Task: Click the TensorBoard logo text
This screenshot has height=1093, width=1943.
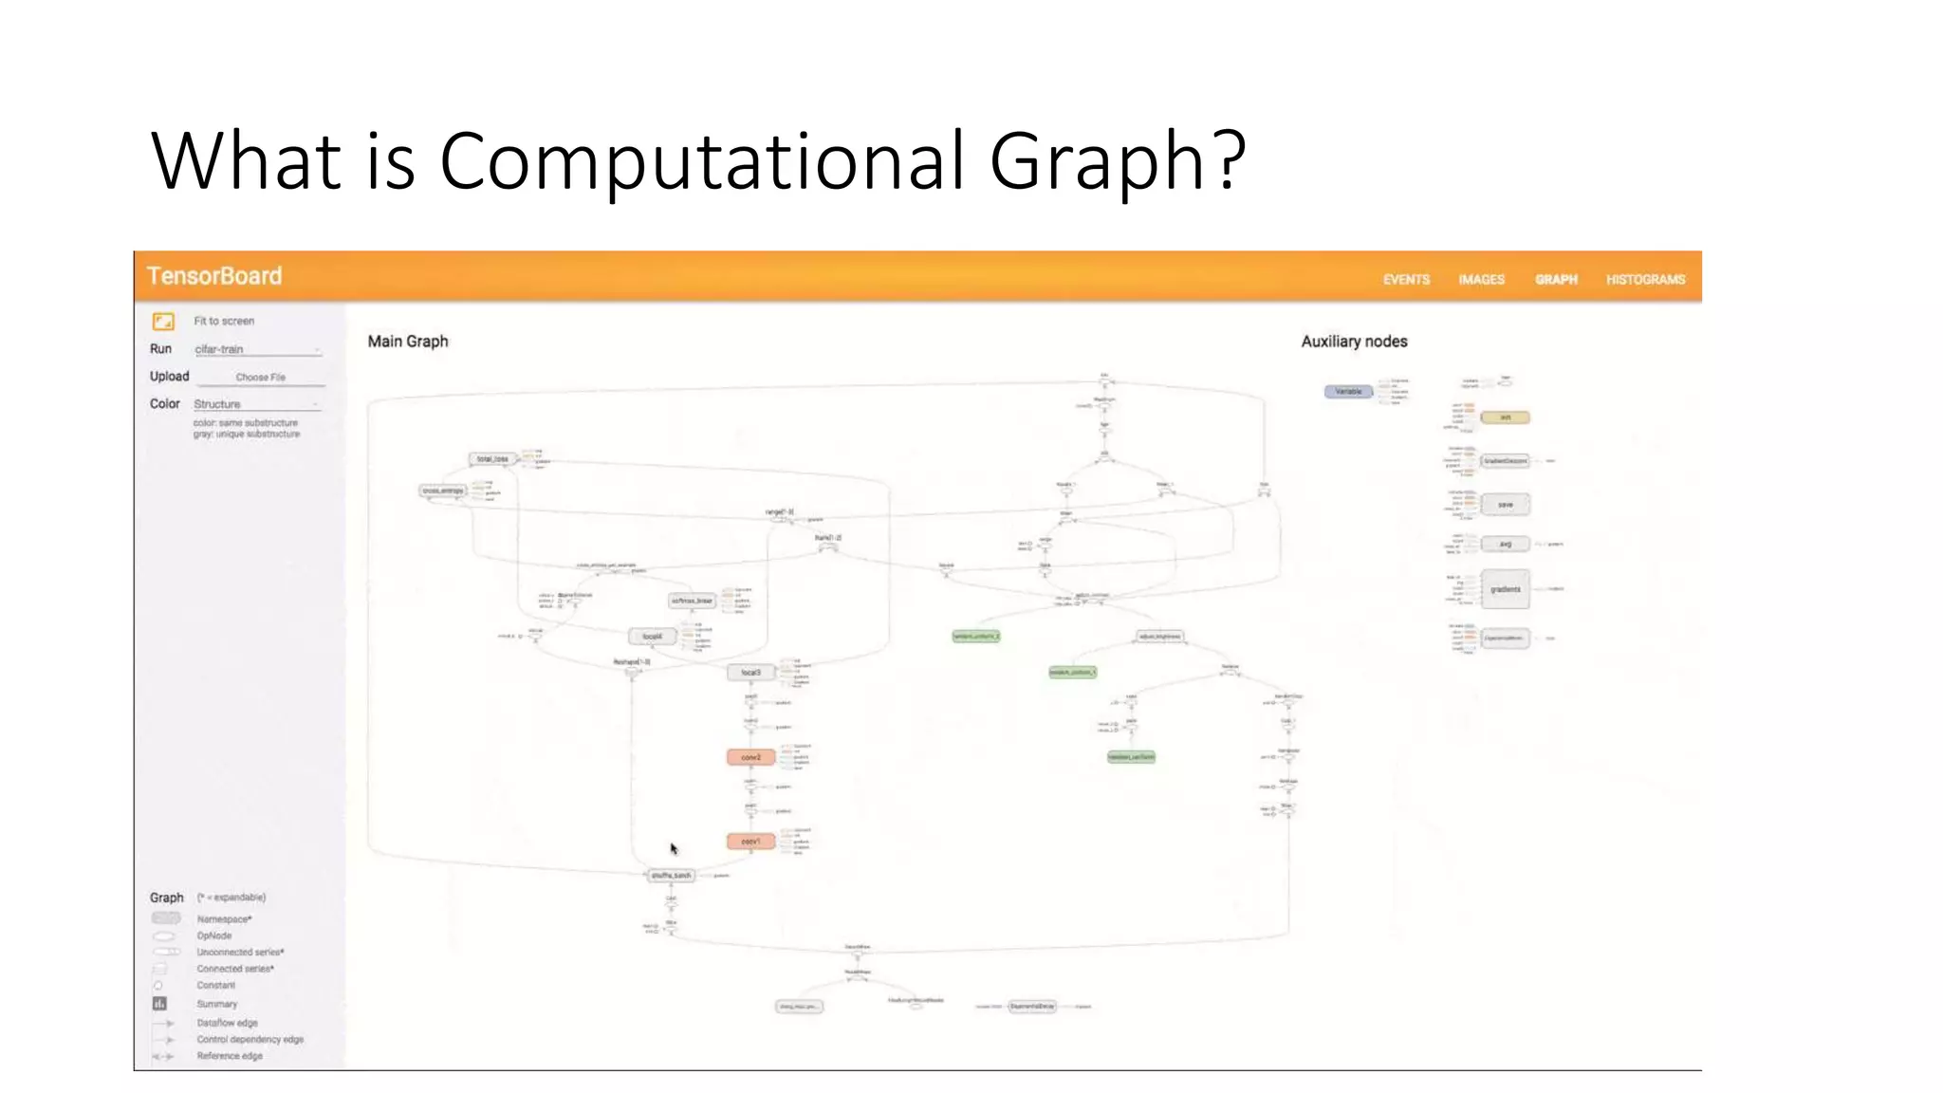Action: click(214, 276)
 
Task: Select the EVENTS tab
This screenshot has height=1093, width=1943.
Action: click(1406, 279)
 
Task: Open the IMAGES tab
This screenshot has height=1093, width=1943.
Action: click(1481, 279)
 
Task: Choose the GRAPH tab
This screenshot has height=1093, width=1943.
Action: click(1556, 279)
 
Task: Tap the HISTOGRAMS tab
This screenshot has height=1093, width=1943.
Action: click(1645, 279)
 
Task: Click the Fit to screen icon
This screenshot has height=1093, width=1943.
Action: click(163, 321)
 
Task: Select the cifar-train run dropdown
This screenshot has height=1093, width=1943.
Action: click(257, 349)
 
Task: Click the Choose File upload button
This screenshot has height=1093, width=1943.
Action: click(260, 377)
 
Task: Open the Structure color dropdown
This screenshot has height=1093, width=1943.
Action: click(257, 404)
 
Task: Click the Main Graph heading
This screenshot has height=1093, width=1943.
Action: click(408, 342)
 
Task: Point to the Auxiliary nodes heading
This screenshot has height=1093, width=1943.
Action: click(1354, 342)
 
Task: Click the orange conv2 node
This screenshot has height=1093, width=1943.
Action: click(750, 757)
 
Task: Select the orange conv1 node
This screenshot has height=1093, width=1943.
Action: click(750, 842)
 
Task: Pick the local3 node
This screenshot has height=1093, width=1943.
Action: click(750, 673)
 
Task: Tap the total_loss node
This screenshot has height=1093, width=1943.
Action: click(492, 459)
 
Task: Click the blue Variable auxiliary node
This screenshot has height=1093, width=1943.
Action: click(1348, 392)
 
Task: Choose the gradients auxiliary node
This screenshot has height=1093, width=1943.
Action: click(1505, 589)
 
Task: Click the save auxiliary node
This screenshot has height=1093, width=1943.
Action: click(1505, 505)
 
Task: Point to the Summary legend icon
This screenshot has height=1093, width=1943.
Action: click(159, 1004)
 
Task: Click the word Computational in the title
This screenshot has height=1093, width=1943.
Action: click(703, 161)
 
